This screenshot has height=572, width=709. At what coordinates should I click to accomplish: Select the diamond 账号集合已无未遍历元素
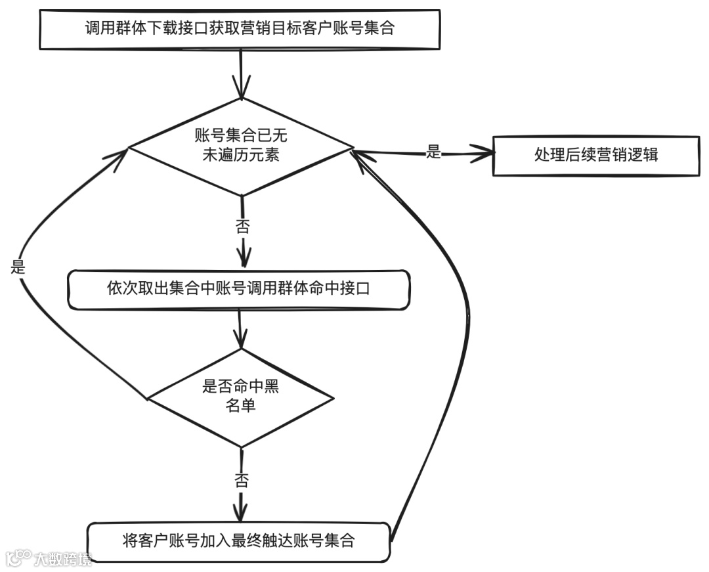point(241,146)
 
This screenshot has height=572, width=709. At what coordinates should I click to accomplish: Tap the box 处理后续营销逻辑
point(596,156)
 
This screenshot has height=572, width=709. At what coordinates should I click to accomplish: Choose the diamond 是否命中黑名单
point(241,397)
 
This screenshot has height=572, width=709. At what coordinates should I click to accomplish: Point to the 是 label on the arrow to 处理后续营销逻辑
point(434,152)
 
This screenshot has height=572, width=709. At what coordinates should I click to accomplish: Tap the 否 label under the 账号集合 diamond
point(243,228)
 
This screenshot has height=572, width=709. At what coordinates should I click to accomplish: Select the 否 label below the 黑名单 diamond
point(241,479)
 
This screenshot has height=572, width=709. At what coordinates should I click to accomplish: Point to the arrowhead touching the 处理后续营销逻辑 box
point(486,154)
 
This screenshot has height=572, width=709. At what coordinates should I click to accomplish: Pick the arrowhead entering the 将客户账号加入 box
point(242,512)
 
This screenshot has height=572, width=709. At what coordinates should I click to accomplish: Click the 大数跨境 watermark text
point(63,560)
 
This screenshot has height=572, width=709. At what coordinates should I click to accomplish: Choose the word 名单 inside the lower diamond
point(241,407)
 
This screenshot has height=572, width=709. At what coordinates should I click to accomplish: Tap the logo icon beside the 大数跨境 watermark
point(18,559)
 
